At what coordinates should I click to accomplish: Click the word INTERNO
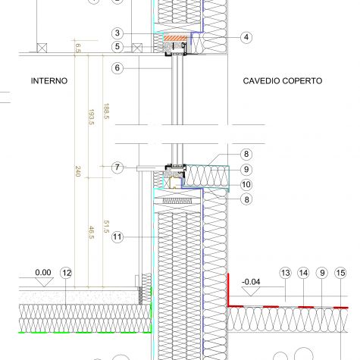(x=49, y=81)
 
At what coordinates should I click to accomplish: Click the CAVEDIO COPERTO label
(x=283, y=81)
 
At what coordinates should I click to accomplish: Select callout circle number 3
(x=117, y=33)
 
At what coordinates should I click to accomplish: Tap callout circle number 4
(x=246, y=37)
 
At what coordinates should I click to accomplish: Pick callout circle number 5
(x=117, y=46)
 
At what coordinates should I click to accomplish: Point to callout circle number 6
(x=117, y=67)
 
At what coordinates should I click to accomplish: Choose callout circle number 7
(x=117, y=167)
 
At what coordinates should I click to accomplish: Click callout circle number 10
(x=246, y=185)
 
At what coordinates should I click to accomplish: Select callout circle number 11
(x=117, y=237)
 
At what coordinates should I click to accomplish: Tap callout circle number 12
(x=66, y=273)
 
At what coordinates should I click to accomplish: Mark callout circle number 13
(x=286, y=273)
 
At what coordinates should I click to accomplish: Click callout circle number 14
(x=303, y=273)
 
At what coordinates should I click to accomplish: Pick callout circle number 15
(x=340, y=273)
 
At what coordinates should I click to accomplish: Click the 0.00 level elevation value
(x=43, y=273)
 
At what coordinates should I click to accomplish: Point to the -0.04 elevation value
(x=251, y=282)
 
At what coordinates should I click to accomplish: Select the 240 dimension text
(x=78, y=171)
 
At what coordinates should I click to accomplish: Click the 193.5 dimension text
(x=92, y=117)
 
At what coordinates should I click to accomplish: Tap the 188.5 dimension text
(x=106, y=111)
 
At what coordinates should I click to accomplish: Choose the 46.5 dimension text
(x=92, y=233)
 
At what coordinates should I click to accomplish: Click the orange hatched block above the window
(x=176, y=39)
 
